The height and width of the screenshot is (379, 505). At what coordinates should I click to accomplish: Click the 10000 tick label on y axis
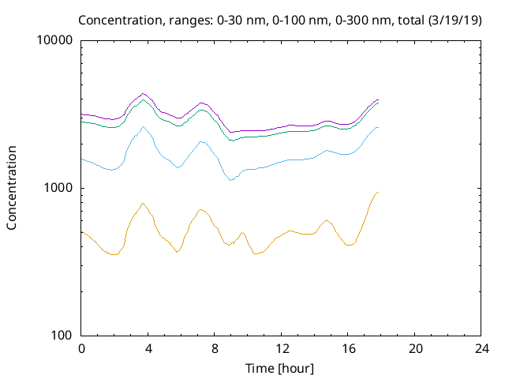click(x=56, y=41)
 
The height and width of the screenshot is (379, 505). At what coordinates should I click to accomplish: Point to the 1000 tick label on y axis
click(x=59, y=188)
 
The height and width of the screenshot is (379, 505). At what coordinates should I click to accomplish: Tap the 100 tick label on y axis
click(x=62, y=336)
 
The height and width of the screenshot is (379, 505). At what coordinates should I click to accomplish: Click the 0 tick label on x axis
click(x=81, y=349)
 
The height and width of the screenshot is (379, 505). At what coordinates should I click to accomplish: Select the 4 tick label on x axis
click(x=148, y=349)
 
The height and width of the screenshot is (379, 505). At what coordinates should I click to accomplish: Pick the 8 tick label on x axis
click(x=215, y=349)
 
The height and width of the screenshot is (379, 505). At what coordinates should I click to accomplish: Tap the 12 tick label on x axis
click(x=282, y=349)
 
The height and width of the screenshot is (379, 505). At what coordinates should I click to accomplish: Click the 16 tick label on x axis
click(x=348, y=349)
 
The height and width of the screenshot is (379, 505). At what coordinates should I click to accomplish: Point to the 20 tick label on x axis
click(x=415, y=349)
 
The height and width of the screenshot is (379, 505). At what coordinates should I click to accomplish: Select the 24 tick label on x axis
click(x=481, y=349)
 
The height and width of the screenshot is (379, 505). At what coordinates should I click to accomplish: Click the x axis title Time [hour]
click(x=281, y=368)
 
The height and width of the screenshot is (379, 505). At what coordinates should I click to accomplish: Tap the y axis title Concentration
click(x=12, y=188)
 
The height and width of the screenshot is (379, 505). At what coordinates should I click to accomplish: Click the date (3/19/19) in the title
click(x=452, y=20)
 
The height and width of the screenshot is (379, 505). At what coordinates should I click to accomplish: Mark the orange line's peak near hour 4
click(x=143, y=203)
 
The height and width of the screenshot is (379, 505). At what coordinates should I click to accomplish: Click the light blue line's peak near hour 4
click(x=143, y=126)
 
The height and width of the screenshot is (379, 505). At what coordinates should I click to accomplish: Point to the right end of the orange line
click(x=379, y=192)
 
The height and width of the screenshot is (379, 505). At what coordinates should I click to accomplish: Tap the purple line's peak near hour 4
click(x=143, y=93)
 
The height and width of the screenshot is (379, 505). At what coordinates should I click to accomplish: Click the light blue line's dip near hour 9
click(x=231, y=181)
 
